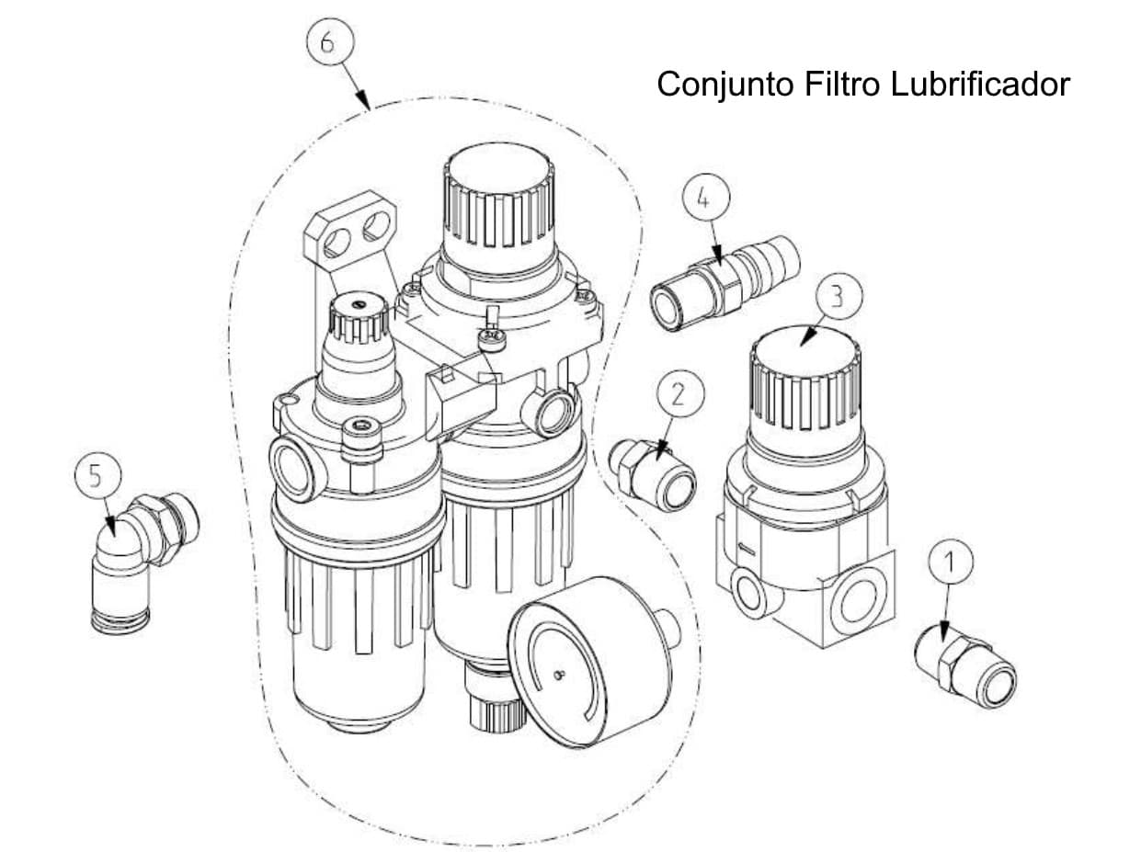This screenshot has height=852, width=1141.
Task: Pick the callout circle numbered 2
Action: click(x=679, y=395)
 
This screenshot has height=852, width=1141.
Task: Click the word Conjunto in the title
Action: click(x=726, y=85)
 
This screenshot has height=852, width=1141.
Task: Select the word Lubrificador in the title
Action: click(x=980, y=85)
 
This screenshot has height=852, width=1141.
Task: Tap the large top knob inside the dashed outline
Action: click(x=497, y=198)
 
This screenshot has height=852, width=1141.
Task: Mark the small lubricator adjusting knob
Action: click(x=357, y=319)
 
